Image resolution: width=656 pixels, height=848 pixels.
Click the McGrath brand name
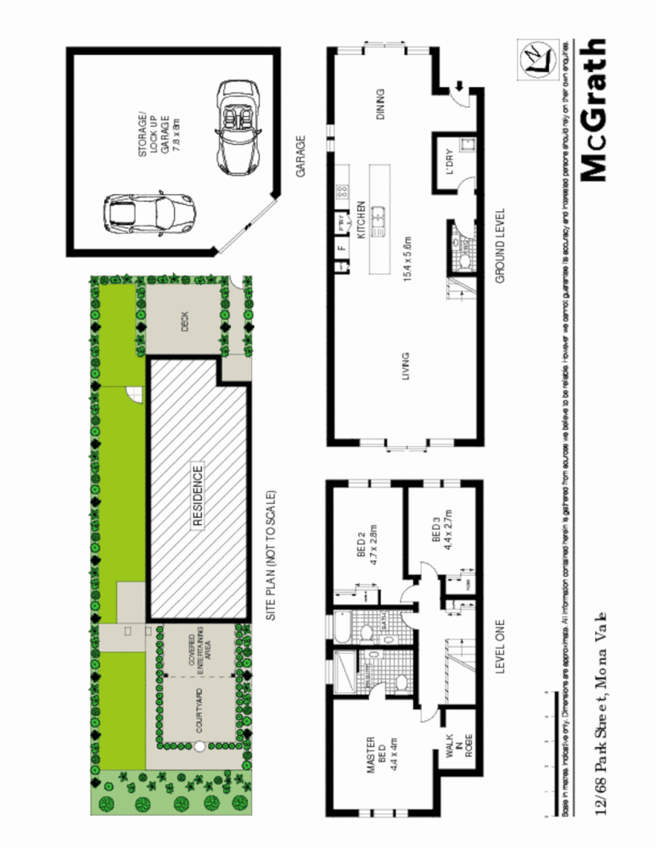pos(594,110)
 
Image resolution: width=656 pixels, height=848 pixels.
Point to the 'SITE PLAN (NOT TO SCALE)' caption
pos(272,555)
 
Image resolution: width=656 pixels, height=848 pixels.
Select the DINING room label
pos(379,107)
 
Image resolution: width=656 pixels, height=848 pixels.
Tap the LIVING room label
pos(405,366)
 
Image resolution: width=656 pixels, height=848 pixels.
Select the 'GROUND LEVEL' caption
pos(500,246)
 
